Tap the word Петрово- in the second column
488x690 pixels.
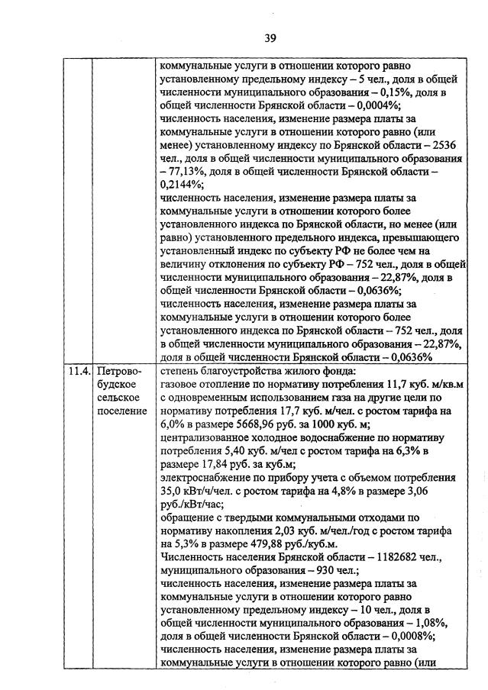point(121,372)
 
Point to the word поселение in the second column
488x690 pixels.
point(123,411)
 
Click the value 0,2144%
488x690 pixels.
point(182,185)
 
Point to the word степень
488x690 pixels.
point(180,372)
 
